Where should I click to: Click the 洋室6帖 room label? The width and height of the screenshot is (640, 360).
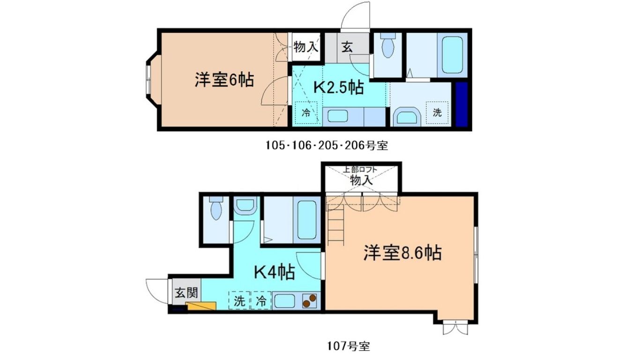(224, 80)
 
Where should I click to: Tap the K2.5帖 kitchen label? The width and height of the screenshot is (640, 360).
(339, 88)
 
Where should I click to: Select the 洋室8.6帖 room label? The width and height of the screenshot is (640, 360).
(402, 253)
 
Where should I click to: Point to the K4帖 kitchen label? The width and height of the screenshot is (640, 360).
(275, 272)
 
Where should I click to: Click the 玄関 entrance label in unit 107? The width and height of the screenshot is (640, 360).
(186, 293)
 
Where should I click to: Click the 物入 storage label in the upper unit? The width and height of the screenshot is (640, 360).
(306, 46)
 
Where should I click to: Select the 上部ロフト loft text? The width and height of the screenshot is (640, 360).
(360, 169)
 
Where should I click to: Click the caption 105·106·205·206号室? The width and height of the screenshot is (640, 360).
(327, 146)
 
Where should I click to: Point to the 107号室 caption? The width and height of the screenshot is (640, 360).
(349, 346)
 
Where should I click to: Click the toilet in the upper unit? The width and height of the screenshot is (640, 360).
(388, 45)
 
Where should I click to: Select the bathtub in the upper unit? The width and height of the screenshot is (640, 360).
(452, 55)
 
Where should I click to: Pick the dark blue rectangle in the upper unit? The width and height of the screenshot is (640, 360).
(461, 104)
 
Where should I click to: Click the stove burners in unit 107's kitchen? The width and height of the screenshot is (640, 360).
(310, 300)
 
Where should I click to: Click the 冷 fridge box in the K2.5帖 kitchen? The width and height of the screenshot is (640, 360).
(306, 112)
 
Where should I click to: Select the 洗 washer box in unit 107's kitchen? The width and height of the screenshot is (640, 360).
(239, 300)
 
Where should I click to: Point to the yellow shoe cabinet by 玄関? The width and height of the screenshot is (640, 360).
(201, 306)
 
